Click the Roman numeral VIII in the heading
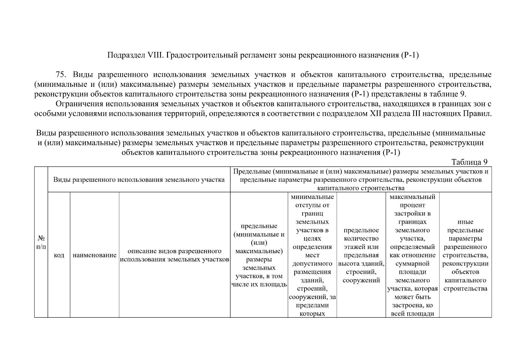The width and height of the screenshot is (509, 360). click(x=155, y=55)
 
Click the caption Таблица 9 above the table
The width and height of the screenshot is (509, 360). click(x=469, y=162)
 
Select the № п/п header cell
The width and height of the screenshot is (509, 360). click(x=41, y=242)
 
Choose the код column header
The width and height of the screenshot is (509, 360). click(x=59, y=255)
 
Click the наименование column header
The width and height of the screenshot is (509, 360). click(x=94, y=255)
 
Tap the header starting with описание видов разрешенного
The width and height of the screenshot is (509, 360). click(x=175, y=255)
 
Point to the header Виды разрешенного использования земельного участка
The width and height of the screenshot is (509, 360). click(x=139, y=180)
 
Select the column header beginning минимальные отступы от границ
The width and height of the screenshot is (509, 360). click(x=312, y=255)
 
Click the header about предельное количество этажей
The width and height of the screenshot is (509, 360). click(x=361, y=255)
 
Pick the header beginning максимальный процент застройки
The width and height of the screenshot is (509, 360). click(x=412, y=255)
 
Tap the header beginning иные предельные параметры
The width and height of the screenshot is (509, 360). click(x=465, y=255)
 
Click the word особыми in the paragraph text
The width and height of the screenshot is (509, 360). click(x=46, y=114)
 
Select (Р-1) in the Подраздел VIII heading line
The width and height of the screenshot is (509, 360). click(x=409, y=55)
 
